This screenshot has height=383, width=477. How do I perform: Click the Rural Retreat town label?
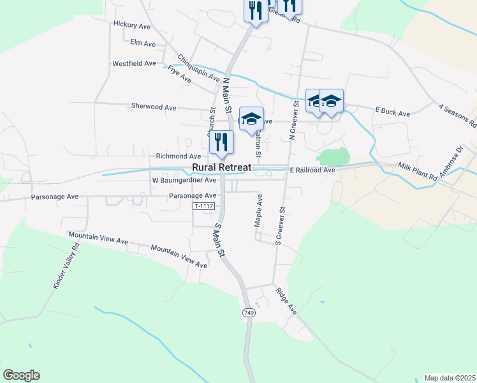click(x=222, y=168)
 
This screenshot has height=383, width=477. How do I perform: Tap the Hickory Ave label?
click(x=131, y=25)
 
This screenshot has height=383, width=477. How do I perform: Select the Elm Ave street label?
click(x=142, y=43)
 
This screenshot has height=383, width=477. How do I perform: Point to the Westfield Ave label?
click(x=134, y=64)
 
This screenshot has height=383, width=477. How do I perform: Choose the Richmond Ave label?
click(x=179, y=156)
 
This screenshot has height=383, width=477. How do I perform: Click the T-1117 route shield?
click(x=203, y=206)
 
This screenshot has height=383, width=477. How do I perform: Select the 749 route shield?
click(x=249, y=313)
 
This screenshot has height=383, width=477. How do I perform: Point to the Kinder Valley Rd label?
click(x=66, y=266)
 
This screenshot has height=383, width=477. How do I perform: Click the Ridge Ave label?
click(x=286, y=300)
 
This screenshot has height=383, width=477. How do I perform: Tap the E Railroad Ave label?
click(x=312, y=170)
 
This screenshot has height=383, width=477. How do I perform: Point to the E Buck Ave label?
click(x=392, y=112)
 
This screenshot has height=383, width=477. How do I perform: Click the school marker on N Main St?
click(x=252, y=118)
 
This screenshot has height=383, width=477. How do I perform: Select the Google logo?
click(x=21, y=375)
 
